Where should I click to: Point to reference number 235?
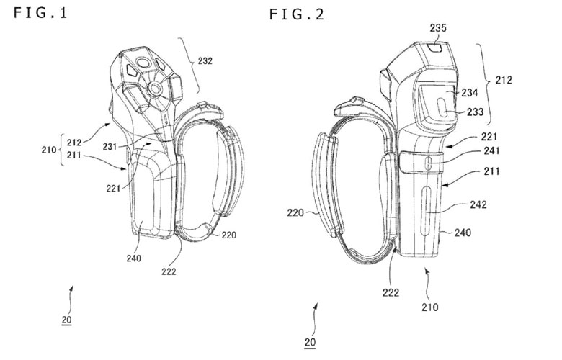pyautogui.click(x=438, y=28)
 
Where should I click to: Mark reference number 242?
pyautogui.click(x=478, y=204)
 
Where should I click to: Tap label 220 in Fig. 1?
pyautogui.click(x=230, y=235)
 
